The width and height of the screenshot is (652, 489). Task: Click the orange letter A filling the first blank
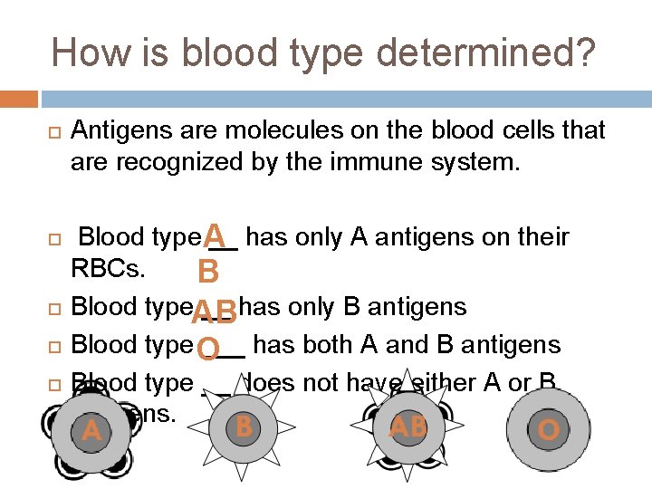215,235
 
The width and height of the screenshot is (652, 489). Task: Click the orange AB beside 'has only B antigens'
215,312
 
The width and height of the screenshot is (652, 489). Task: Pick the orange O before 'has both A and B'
207,349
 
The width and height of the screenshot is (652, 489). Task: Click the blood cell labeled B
243,427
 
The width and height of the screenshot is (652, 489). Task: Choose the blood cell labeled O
547,430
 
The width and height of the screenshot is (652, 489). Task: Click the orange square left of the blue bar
18,98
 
